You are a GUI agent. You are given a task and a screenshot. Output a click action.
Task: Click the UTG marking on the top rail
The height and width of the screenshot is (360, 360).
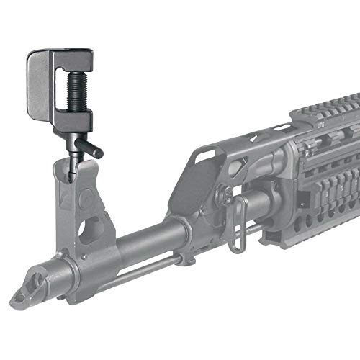322,124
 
